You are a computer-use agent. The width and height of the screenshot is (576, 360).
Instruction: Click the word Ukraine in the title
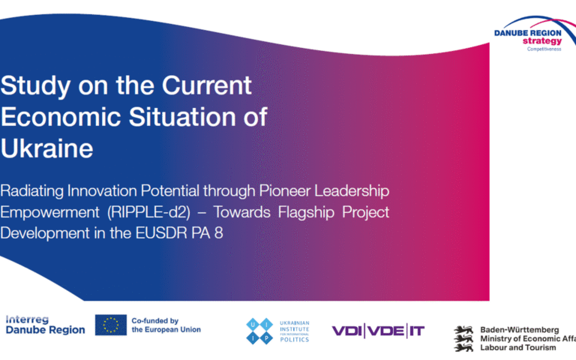(47, 148)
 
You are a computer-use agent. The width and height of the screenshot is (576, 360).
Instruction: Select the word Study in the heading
(33, 85)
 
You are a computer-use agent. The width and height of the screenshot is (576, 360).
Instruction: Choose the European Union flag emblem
(110, 325)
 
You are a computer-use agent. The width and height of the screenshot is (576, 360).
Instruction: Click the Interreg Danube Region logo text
(45, 325)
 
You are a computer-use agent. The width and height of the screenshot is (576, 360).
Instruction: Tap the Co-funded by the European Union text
(166, 325)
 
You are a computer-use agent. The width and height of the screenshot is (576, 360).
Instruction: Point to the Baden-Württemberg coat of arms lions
(464, 338)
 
